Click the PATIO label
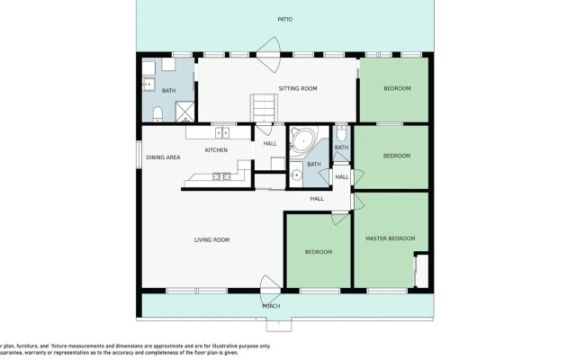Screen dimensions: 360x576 pyautogui.click(x=284, y=19)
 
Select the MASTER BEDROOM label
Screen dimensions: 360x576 pyautogui.click(x=390, y=238)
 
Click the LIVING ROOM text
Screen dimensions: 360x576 pyautogui.click(x=212, y=239)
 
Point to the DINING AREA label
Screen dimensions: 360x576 pyautogui.click(x=163, y=157)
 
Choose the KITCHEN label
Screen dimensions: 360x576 pyautogui.click(x=216, y=149)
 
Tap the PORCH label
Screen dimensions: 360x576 pyautogui.click(x=271, y=306)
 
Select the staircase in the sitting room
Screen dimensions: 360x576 pyautogui.click(x=261, y=107)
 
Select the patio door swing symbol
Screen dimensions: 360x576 pyautogui.click(x=267, y=47)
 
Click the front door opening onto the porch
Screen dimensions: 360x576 pyautogui.click(x=270, y=290)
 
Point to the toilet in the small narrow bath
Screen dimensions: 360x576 pyautogui.click(x=341, y=132)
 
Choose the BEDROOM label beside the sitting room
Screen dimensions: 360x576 pyautogui.click(x=397, y=88)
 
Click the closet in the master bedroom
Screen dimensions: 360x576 pyautogui.click(x=419, y=269)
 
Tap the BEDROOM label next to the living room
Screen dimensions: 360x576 pyautogui.click(x=318, y=252)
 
